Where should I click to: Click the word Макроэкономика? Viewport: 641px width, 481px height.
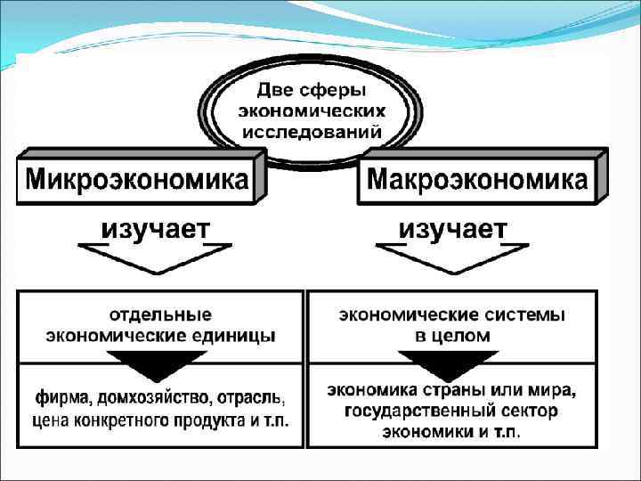point(477,181)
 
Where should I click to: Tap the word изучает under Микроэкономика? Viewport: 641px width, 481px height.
point(155,229)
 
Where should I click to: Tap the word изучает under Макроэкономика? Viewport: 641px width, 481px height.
point(453,229)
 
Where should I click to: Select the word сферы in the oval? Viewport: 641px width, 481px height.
point(337,91)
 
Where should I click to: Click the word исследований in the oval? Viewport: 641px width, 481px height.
point(311,130)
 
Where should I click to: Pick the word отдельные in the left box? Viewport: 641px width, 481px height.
point(160,314)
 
